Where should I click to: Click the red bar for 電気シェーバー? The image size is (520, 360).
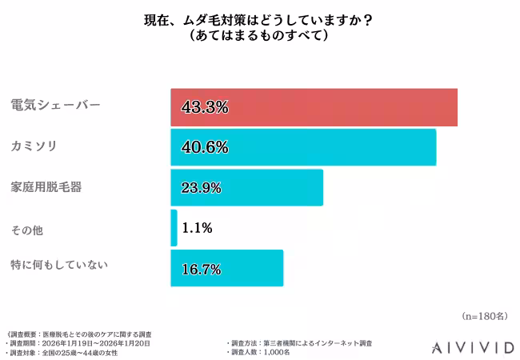click(314, 107)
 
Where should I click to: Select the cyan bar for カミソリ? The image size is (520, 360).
click(303, 147)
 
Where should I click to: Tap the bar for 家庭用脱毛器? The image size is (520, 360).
click(246, 188)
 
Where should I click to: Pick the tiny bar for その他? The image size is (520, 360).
click(174, 228)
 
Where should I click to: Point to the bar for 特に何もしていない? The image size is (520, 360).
click(227, 268)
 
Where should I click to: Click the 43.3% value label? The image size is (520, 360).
click(206, 107)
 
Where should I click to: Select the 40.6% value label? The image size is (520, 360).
click(206, 147)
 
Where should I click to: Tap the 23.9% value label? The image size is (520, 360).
click(206, 188)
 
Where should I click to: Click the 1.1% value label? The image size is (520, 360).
click(197, 228)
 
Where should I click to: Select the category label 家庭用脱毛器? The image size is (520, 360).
click(46, 187)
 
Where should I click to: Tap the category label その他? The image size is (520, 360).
click(26, 230)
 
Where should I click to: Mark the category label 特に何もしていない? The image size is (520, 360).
click(58, 265)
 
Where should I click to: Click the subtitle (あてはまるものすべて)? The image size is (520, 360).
click(260, 37)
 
